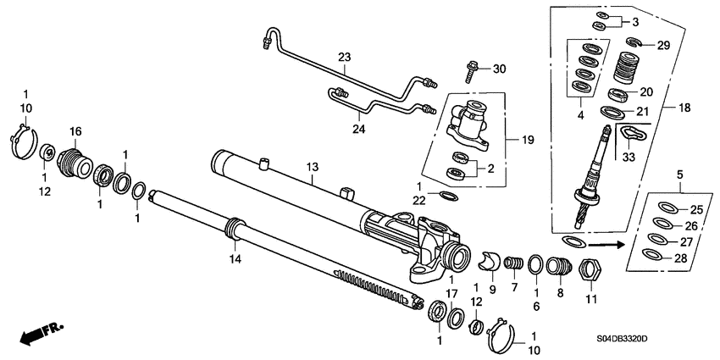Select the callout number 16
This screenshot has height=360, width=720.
click(75, 131)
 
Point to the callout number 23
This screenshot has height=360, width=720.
click(344, 58)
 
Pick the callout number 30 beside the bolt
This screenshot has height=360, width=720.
click(498, 69)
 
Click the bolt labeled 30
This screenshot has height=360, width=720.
click(471, 69)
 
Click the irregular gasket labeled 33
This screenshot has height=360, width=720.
click(630, 134)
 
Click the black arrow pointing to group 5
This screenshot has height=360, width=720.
click(604, 243)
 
